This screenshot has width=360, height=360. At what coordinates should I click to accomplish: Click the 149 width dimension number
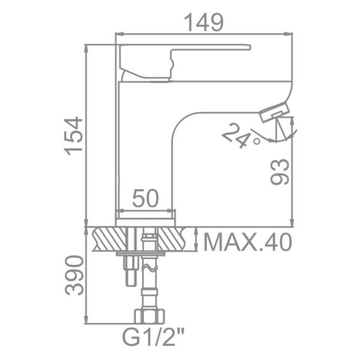pos(204,22)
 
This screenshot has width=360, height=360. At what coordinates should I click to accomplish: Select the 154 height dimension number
pos(73,136)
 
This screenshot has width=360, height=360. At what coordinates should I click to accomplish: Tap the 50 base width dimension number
pos(146,198)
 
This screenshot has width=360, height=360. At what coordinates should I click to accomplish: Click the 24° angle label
pos(241,136)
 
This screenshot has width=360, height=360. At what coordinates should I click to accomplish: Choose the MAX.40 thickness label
pos(248,242)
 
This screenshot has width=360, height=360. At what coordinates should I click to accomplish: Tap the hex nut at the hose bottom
pos(149,316)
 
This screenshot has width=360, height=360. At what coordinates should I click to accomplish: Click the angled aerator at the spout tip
pos(274,112)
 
